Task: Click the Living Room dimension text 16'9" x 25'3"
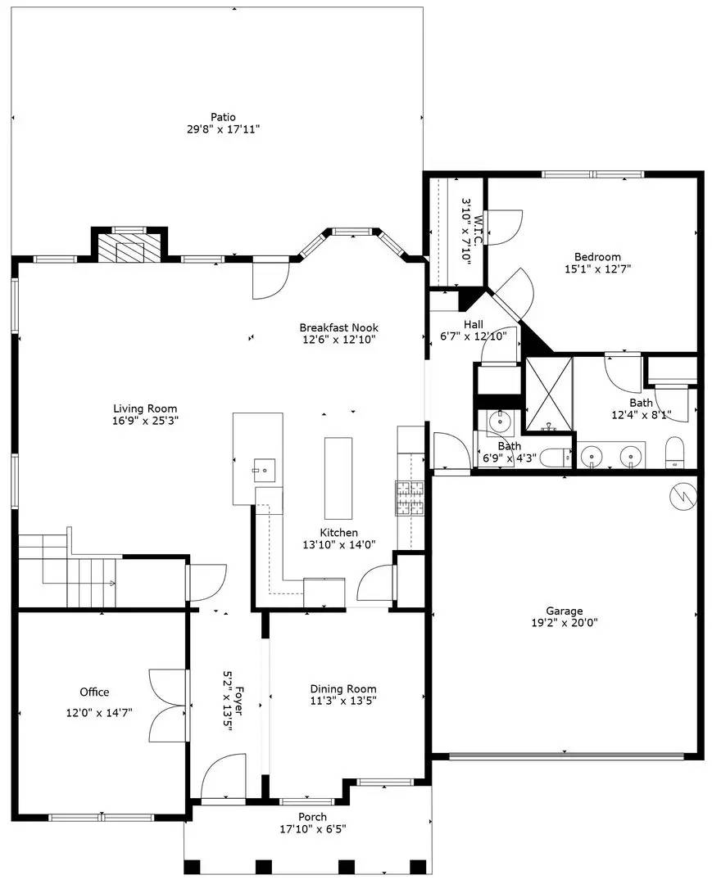point(144,421)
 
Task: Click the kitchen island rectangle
point(338,478)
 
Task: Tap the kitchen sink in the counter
point(265,469)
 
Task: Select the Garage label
point(565,611)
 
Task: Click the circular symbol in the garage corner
point(683,496)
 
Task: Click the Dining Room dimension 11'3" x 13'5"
point(343,700)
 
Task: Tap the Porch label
point(312,817)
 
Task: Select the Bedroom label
point(597,256)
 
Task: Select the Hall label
point(473,324)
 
